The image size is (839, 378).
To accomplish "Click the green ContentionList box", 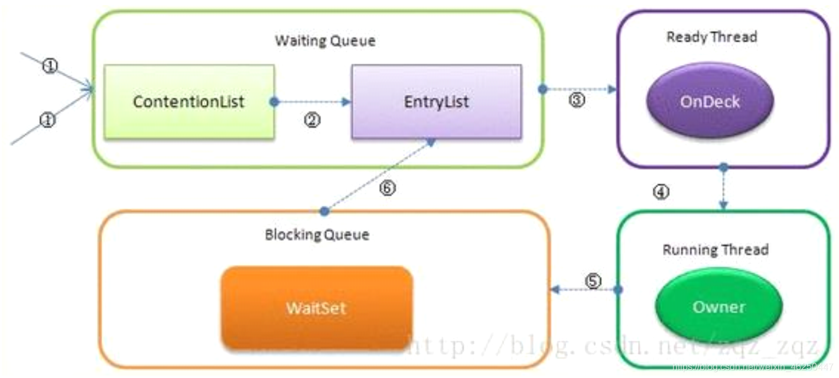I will tap(188, 102).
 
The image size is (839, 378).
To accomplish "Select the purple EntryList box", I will tap(437, 102).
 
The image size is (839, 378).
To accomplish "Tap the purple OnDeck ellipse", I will tap(710, 102).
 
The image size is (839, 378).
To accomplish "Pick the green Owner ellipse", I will tap(719, 307).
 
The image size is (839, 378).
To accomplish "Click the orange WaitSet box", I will tap(316, 308).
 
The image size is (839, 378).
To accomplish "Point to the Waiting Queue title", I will tap(325, 41).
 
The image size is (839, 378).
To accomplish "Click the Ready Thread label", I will tap(711, 37).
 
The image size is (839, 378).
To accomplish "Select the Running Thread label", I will tap(716, 250).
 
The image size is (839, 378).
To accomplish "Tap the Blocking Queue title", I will tap(317, 235).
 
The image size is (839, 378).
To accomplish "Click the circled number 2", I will tap(312, 121).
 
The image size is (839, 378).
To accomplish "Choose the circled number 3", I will tap(577, 100).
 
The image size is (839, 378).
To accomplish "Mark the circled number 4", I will tap(661, 192).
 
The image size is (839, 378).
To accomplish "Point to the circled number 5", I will tap(593, 280).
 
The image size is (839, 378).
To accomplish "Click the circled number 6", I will tap(387, 189).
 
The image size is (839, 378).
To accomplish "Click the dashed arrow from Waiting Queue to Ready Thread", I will tap(579, 89).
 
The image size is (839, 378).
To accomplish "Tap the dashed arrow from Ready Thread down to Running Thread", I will tap(723, 188).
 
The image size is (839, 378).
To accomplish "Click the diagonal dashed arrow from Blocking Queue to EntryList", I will tap(378, 176).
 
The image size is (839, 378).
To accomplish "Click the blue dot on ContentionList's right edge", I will tap(274, 102).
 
